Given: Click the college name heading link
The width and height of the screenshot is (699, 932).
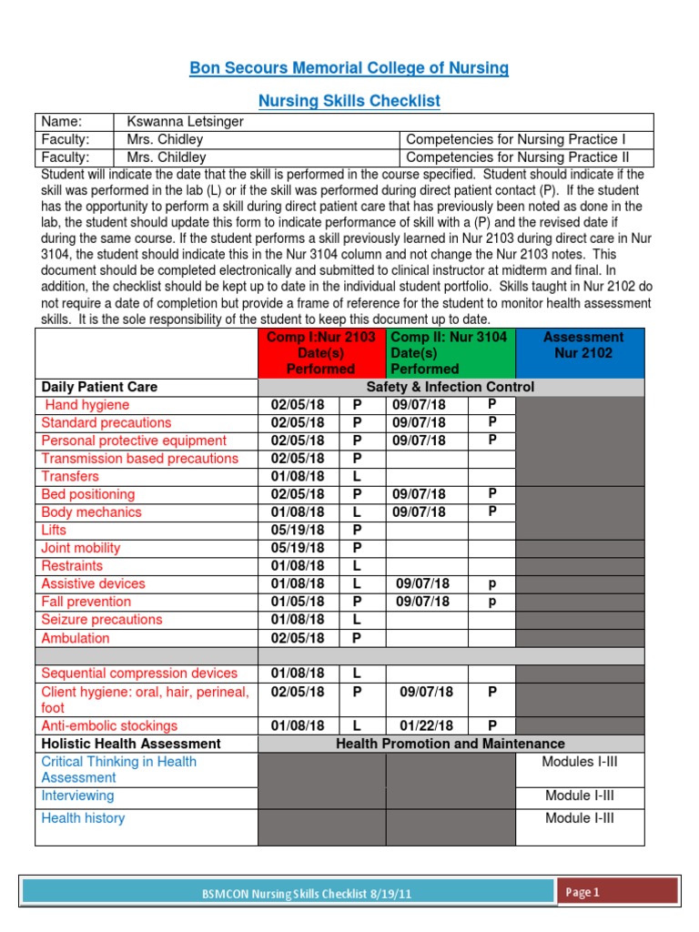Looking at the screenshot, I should (x=349, y=68).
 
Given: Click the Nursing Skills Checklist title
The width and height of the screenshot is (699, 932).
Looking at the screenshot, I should (x=349, y=101).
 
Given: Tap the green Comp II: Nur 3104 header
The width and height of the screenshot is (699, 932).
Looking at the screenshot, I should (x=450, y=353).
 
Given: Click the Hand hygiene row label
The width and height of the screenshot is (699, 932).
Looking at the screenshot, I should (x=86, y=405).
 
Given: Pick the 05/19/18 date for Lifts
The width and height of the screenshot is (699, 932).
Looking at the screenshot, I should (x=298, y=530).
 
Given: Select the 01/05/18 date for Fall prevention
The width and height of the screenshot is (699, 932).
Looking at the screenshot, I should (x=298, y=602).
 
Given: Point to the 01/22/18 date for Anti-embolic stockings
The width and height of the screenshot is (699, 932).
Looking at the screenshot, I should (x=427, y=726).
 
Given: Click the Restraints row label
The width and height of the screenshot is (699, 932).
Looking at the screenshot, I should (x=72, y=565).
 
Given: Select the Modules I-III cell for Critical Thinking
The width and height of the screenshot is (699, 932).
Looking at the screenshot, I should (x=580, y=762).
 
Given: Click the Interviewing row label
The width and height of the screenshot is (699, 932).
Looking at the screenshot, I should (x=77, y=795).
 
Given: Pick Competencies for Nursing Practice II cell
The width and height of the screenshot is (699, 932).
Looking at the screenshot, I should (x=516, y=157).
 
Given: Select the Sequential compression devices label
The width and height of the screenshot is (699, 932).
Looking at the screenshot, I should (x=138, y=674).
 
